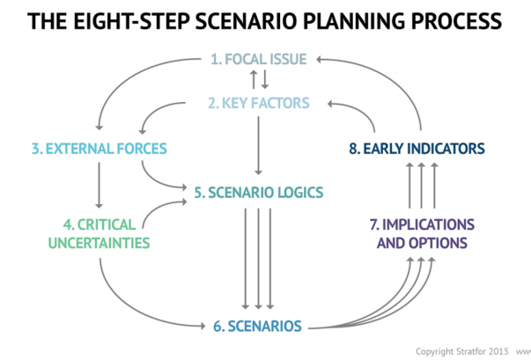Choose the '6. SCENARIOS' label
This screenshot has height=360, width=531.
258,326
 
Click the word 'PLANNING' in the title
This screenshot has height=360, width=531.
358,20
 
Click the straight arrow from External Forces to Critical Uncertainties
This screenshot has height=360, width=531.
97,186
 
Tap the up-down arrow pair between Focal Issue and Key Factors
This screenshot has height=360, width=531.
259,81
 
